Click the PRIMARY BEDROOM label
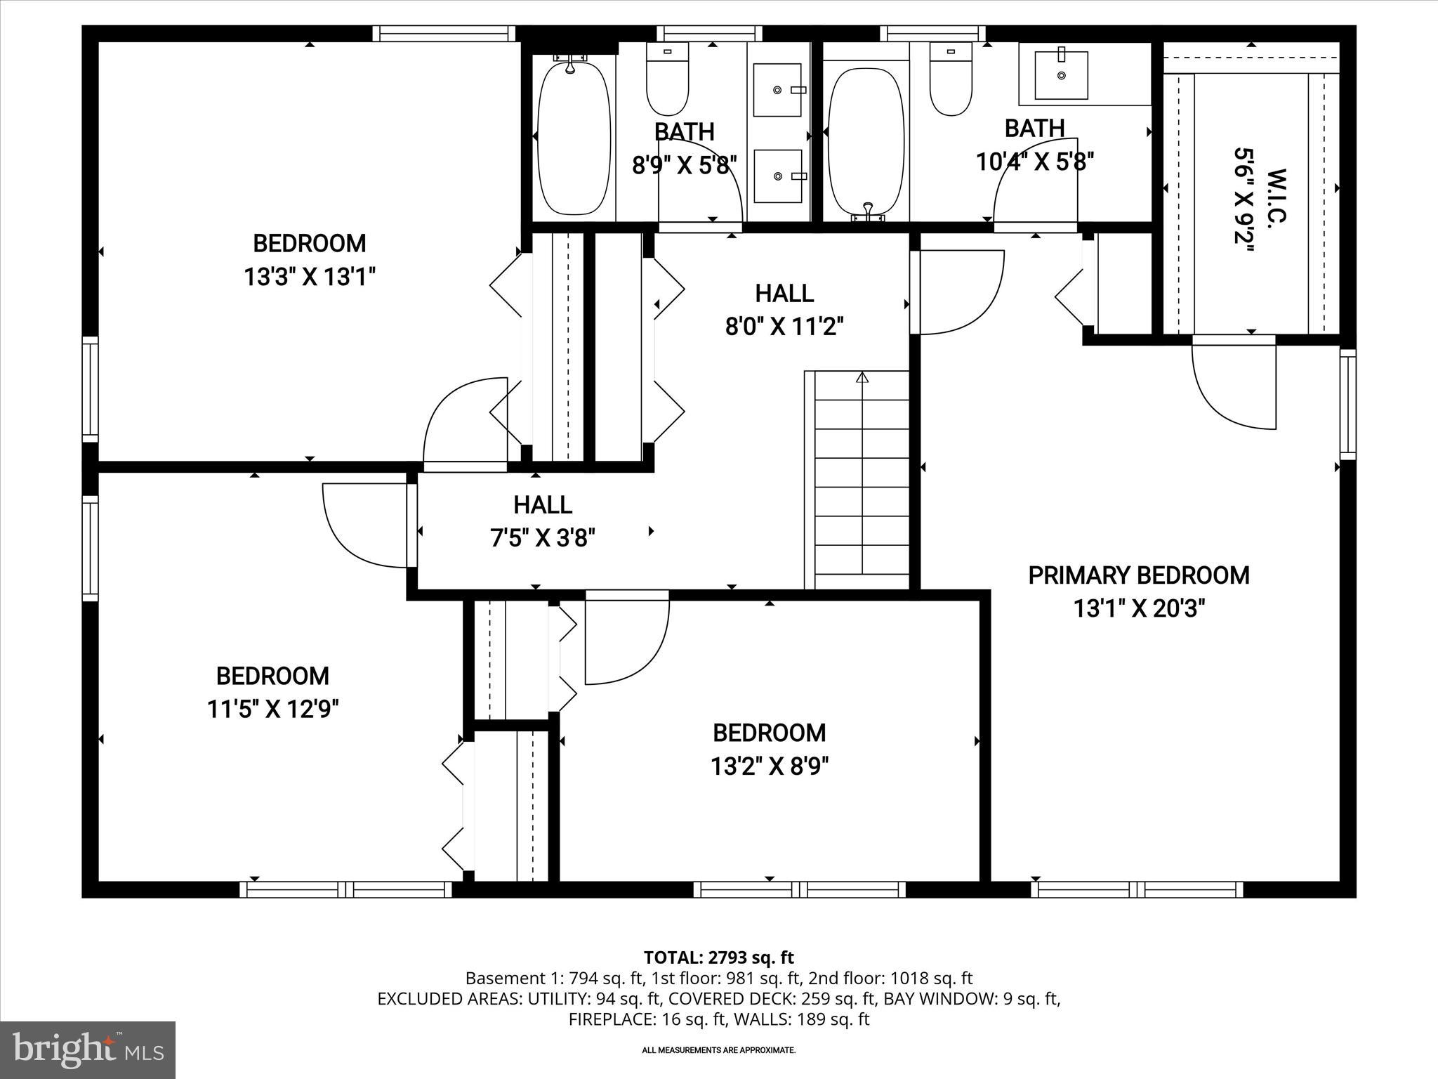tap(1138, 575)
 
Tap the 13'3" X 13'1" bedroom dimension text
tap(310, 277)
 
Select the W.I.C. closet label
tap(1276, 196)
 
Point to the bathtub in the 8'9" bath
tap(574, 138)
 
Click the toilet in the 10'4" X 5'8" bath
tap(951, 79)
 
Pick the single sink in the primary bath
tap(1061, 74)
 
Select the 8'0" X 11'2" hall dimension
tap(784, 327)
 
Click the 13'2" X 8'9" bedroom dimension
tap(769, 766)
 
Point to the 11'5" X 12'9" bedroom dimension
tap(272, 709)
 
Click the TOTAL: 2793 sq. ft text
tap(718, 957)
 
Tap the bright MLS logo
tap(88, 1049)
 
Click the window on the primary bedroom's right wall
tap(1347, 404)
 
